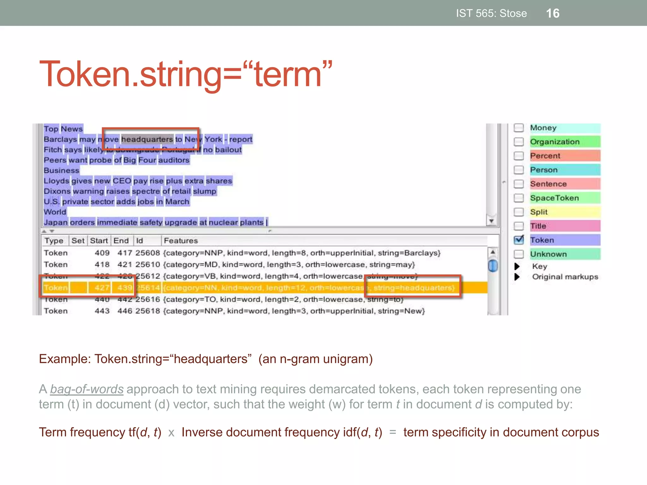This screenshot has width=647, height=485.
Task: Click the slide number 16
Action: coord(553,13)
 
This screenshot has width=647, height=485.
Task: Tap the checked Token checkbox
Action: coord(518,240)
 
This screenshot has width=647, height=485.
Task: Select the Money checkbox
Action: coord(518,128)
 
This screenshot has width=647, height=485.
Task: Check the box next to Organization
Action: coord(518,142)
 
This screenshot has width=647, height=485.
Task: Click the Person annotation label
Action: coord(544,170)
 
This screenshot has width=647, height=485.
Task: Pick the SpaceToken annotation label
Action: coord(554,198)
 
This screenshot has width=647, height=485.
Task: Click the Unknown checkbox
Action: coord(518,254)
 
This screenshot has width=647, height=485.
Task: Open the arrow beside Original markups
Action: coord(517,277)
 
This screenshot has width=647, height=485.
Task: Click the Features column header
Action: coord(181,241)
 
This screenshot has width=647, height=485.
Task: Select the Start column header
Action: coord(99,241)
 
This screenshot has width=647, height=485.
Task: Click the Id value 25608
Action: coord(148,253)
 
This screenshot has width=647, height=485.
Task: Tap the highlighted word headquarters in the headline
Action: coord(147,139)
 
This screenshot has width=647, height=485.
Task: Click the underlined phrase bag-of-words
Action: coord(87,389)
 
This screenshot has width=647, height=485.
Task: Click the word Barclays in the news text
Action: coord(60,139)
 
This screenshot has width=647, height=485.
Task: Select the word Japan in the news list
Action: coord(56,222)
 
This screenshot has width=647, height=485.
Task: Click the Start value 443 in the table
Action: coord(102,311)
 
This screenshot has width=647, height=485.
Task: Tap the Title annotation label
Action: coord(538,226)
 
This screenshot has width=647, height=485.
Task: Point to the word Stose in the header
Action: coord(513,13)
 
